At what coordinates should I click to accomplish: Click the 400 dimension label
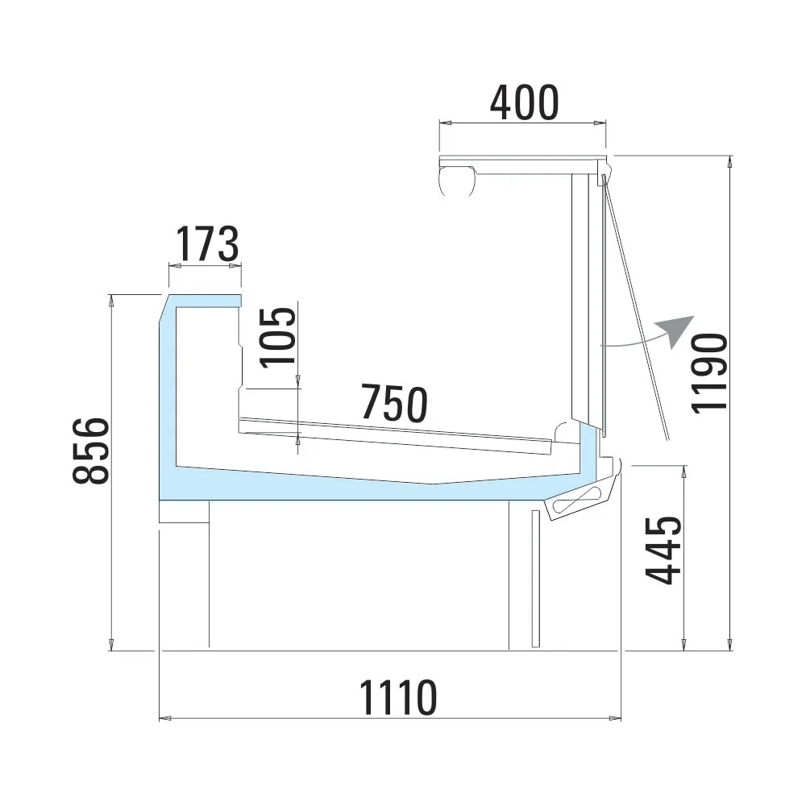(525, 103)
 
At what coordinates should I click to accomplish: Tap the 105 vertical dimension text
(278, 338)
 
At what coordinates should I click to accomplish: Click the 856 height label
(91, 451)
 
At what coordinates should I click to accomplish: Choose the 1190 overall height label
(709, 372)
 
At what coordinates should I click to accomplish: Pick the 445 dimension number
(663, 550)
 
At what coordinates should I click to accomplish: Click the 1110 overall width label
(398, 697)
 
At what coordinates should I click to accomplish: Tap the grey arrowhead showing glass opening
(678, 330)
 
